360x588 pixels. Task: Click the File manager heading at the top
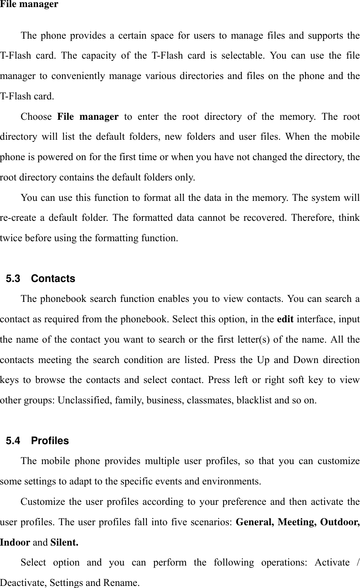29,5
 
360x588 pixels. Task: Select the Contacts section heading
53,279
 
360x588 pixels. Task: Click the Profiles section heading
50,441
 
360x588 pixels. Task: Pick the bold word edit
285,319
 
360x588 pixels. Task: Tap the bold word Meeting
295,522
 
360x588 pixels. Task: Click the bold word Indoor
15,543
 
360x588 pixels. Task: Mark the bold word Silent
64,543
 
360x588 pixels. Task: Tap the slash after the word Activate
358,563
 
